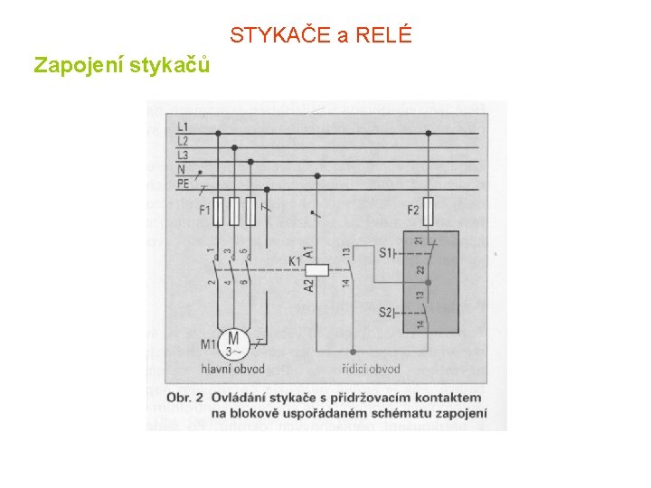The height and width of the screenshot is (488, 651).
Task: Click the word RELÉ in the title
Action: [x=385, y=36]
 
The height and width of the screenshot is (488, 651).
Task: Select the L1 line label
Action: [x=183, y=127]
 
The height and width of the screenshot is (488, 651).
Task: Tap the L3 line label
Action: [x=183, y=155]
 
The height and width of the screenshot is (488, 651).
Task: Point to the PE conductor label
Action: [x=183, y=183]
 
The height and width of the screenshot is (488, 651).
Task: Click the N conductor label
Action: [x=182, y=169]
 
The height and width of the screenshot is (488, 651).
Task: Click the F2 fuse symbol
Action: [x=428, y=210]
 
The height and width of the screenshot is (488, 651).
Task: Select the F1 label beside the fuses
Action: [x=205, y=211]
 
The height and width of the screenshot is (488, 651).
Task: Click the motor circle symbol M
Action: [x=232, y=341]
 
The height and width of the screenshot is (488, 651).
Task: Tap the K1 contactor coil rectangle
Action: [x=316, y=267]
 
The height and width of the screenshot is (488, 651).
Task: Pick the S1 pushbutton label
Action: [x=386, y=252]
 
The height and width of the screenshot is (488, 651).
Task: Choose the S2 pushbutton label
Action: [x=386, y=313]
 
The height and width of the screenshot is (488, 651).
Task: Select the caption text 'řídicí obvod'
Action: [x=371, y=369]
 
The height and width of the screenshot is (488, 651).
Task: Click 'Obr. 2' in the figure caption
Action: [x=187, y=398]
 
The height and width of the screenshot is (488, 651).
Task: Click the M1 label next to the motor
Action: [x=207, y=343]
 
